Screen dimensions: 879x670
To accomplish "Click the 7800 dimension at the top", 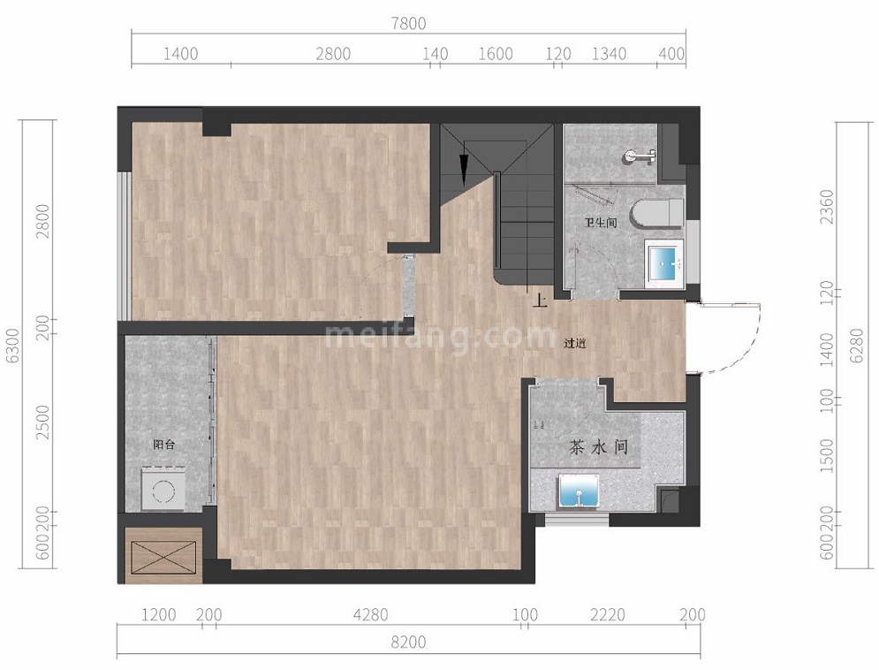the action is point(409,24).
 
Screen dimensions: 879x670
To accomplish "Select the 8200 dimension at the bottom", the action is point(409,642).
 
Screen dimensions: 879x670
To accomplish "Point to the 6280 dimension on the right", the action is point(857,346).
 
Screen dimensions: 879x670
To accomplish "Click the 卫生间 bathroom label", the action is point(601,223).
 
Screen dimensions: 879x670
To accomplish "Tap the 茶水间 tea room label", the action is point(597,447).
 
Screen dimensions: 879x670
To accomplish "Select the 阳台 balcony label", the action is point(163,445).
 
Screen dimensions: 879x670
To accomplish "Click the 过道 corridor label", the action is point(575,343).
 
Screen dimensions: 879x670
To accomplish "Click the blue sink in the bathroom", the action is point(665,264).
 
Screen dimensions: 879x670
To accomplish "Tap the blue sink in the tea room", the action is point(579,492).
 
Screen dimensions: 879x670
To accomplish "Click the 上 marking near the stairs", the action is point(539,301).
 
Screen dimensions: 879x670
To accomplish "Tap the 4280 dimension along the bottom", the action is point(370,615).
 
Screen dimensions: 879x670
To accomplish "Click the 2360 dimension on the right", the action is point(828,207).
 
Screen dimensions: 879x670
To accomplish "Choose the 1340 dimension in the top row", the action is point(609,54).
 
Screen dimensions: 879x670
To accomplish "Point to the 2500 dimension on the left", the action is point(42,422).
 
